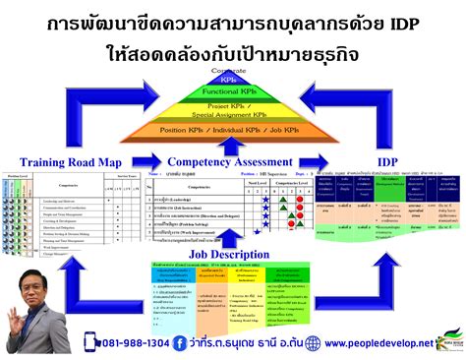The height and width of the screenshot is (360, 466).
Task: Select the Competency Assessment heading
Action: tap(228, 162)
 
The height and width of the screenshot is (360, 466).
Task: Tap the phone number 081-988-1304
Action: tap(127, 343)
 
